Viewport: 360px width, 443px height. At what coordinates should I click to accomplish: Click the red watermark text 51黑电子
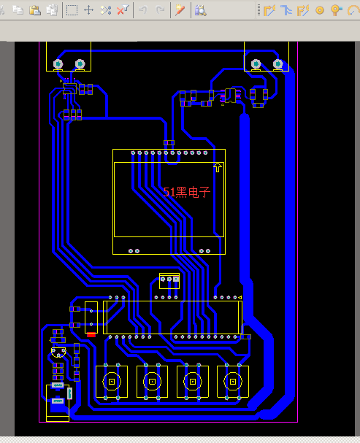point(187,193)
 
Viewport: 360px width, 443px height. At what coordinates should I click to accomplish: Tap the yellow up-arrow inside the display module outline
point(218,168)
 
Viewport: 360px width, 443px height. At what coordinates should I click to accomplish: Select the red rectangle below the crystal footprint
point(91,335)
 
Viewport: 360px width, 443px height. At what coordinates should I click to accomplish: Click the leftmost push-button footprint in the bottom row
point(112,382)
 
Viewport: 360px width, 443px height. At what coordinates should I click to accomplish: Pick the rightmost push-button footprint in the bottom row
point(233,382)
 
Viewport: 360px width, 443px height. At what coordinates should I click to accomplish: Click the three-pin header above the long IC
point(169,280)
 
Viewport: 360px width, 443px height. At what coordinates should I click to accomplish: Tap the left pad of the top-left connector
point(58,64)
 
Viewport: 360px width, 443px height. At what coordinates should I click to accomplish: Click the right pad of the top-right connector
point(277,64)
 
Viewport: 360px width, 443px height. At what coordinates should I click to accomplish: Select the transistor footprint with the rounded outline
point(58,353)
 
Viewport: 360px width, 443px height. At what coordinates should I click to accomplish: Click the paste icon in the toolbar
point(35,10)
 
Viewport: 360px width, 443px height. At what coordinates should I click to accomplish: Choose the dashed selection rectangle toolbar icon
point(72,10)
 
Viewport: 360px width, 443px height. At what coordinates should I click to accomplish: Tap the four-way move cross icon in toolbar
point(89,10)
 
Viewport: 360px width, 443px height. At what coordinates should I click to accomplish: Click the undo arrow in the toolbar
point(143,10)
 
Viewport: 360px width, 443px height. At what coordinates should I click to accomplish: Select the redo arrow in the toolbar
point(160,10)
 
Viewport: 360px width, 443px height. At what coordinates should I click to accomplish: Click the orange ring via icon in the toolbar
point(320,10)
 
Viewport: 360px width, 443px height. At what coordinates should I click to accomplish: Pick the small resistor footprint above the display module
point(169,142)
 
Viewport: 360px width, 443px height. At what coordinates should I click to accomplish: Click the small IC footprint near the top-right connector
point(230,95)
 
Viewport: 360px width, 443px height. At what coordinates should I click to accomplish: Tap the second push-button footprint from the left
point(152,382)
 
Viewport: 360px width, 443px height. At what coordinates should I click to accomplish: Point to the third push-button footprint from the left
point(193,382)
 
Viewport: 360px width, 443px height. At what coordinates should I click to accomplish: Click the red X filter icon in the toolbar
point(123,10)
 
